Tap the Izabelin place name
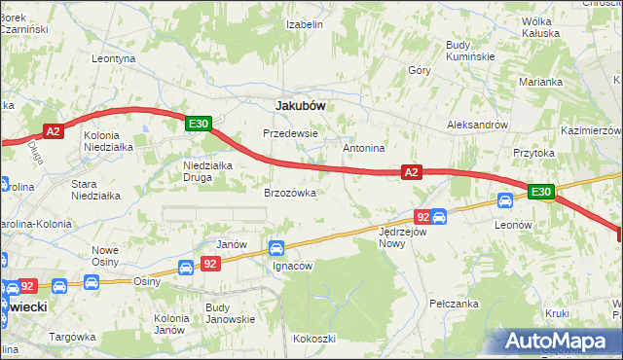click(x=305, y=24)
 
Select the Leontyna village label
click(x=113, y=58)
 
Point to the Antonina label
click(x=364, y=148)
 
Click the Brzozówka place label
click(x=290, y=193)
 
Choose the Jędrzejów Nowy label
click(x=404, y=238)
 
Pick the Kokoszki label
click(x=314, y=339)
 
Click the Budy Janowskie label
click(x=230, y=313)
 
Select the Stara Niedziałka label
click(x=96, y=189)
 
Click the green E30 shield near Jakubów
click(x=199, y=124)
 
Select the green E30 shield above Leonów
click(x=542, y=193)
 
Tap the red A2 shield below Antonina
click(x=412, y=172)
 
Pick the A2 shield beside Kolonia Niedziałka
click(x=54, y=130)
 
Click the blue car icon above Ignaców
click(x=277, y=249)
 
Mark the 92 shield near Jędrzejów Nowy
click(x=421, y=217)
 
